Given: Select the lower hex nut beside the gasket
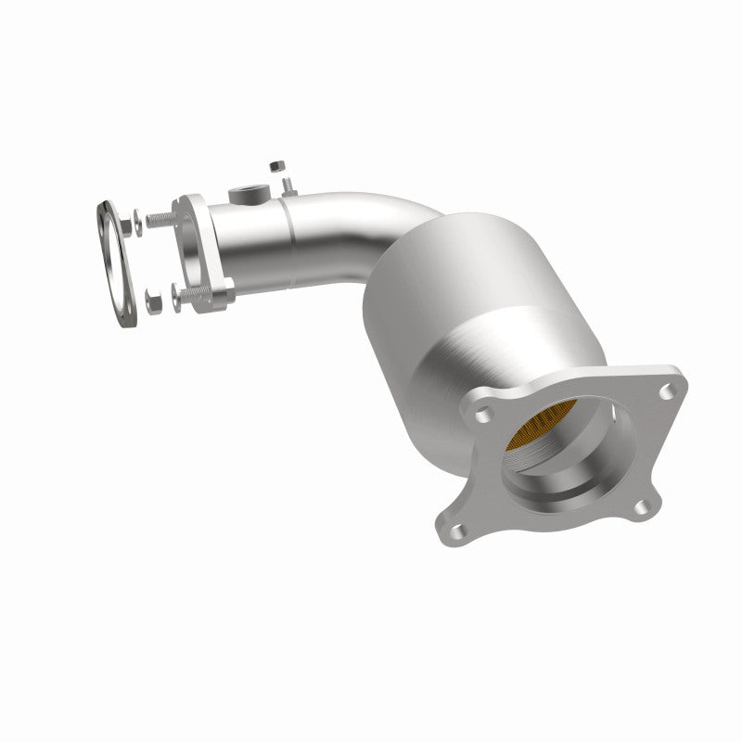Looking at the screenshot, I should [x=154, y=301].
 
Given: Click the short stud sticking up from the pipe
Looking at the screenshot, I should [x=287, y=185].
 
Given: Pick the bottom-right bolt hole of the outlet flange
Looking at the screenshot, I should [x=638, y=506].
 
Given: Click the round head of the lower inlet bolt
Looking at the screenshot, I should [x=175, y=298].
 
